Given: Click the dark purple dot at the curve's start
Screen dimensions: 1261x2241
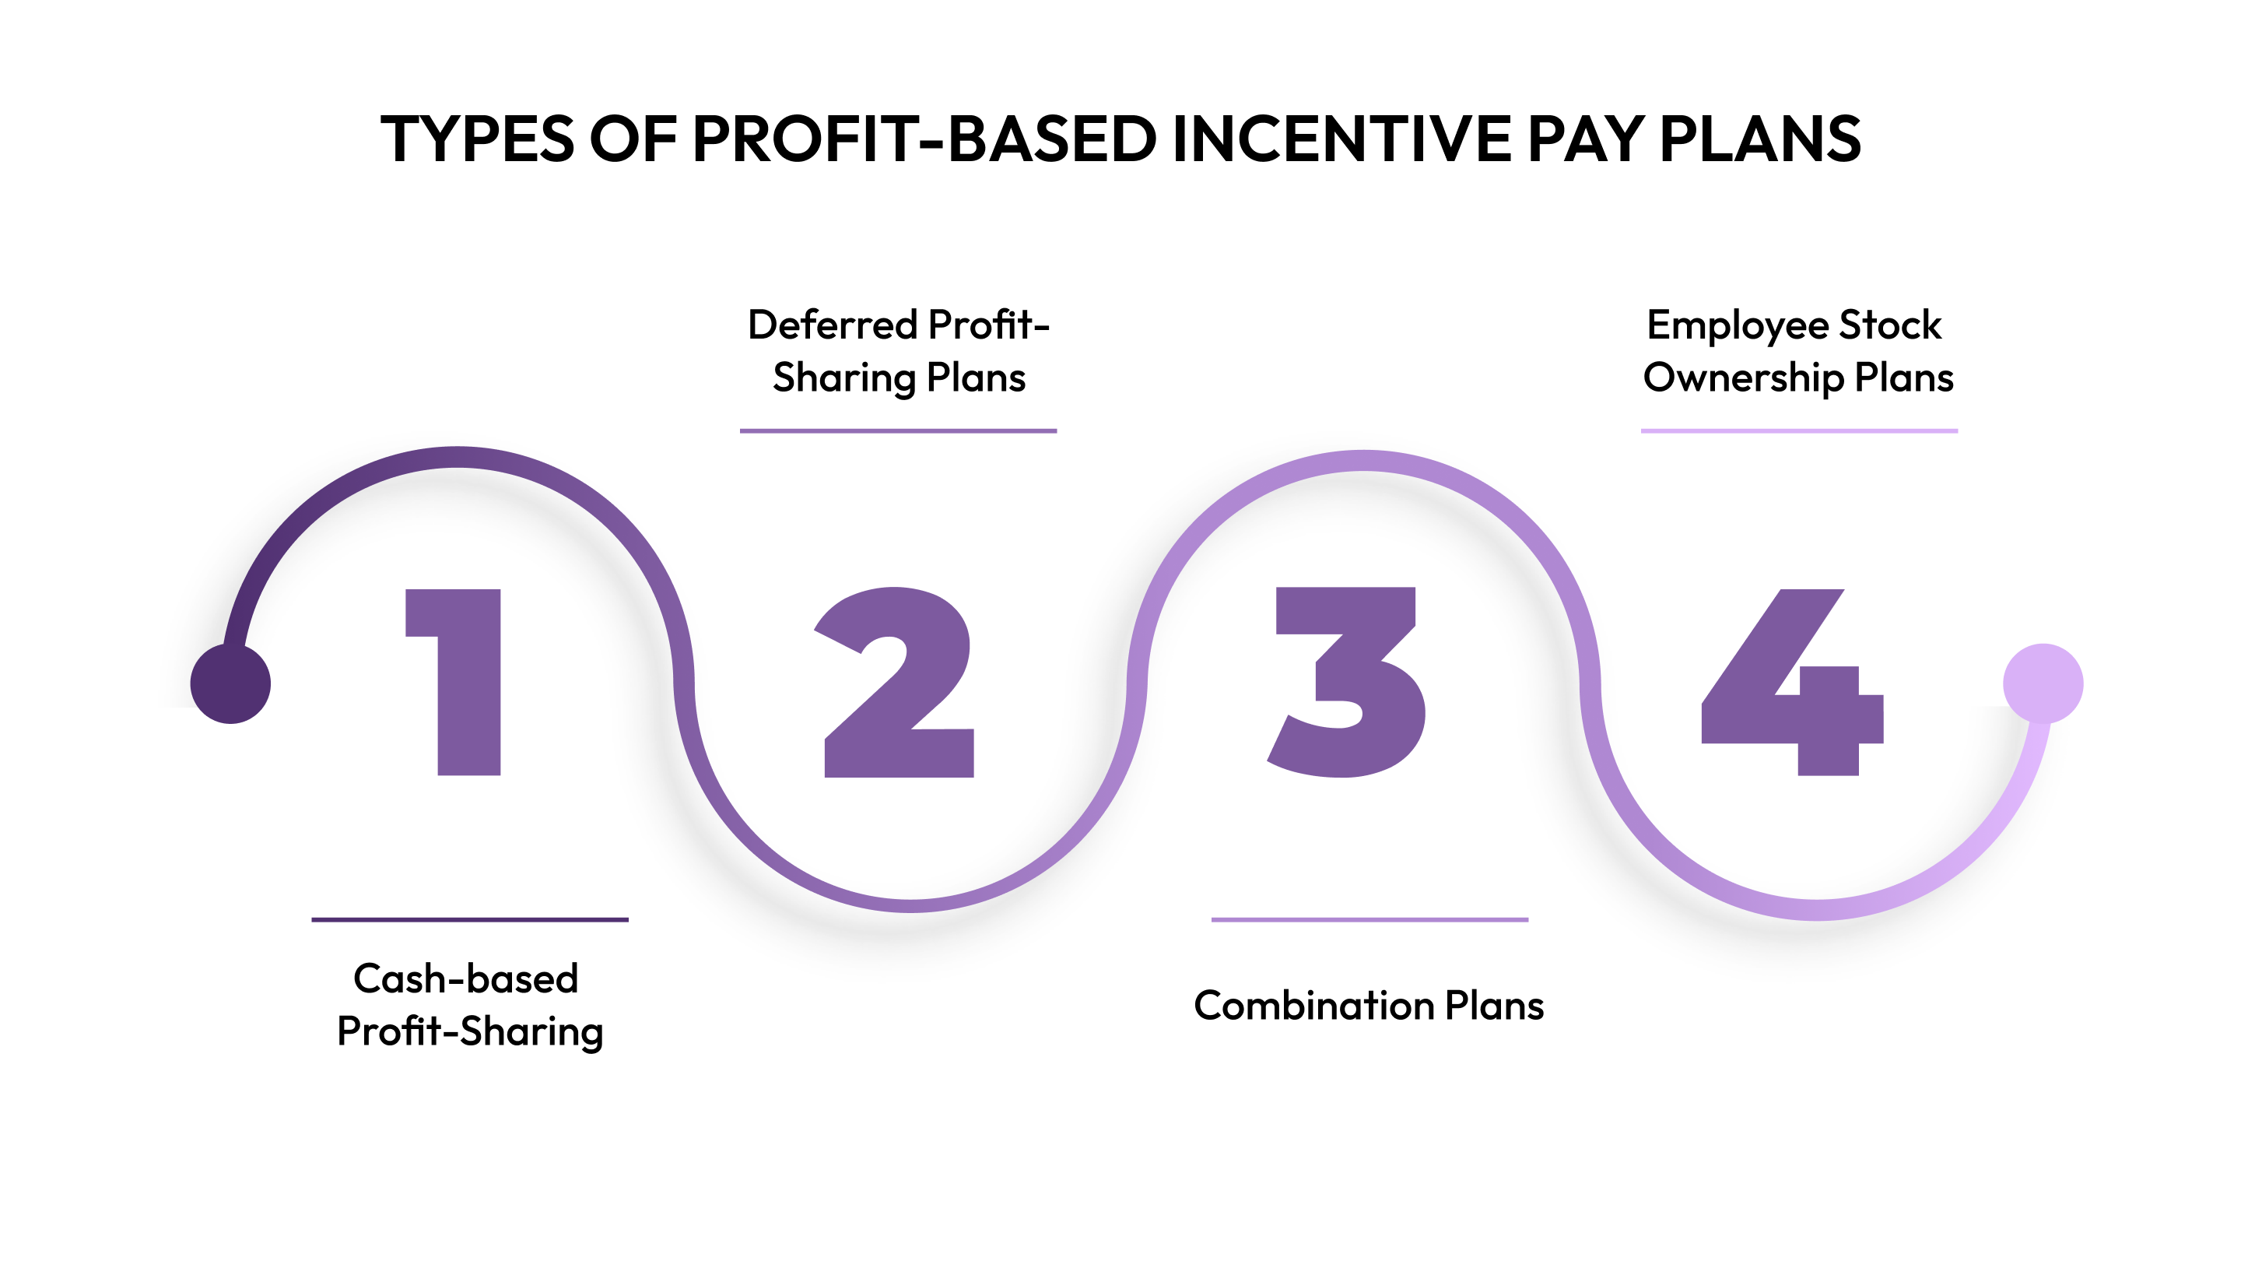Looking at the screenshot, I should click(x=230, y=683).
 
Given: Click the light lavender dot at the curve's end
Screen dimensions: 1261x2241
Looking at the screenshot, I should click(x=2043, y=683).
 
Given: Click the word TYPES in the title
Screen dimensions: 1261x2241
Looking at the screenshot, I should click(x=478, y=139).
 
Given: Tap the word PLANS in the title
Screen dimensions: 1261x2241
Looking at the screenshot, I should click(x=1760, y=139).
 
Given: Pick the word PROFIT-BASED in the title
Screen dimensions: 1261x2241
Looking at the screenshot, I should click(x=924, y=139).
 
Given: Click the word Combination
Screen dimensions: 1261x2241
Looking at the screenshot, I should click(x=1313, y=1005).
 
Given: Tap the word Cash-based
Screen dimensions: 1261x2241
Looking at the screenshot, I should click(x=466, y=979).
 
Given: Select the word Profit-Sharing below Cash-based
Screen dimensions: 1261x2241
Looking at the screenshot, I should click(x=470, y=1032).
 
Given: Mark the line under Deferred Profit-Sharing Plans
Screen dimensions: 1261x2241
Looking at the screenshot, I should click(x=898, y=430).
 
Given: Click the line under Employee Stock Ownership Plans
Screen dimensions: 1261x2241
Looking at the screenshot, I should click(x=1799, y=430).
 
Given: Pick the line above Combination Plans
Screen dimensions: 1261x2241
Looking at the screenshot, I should click(x=1369, y=919).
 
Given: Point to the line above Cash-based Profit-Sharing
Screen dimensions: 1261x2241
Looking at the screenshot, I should click(x=470, y=919).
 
